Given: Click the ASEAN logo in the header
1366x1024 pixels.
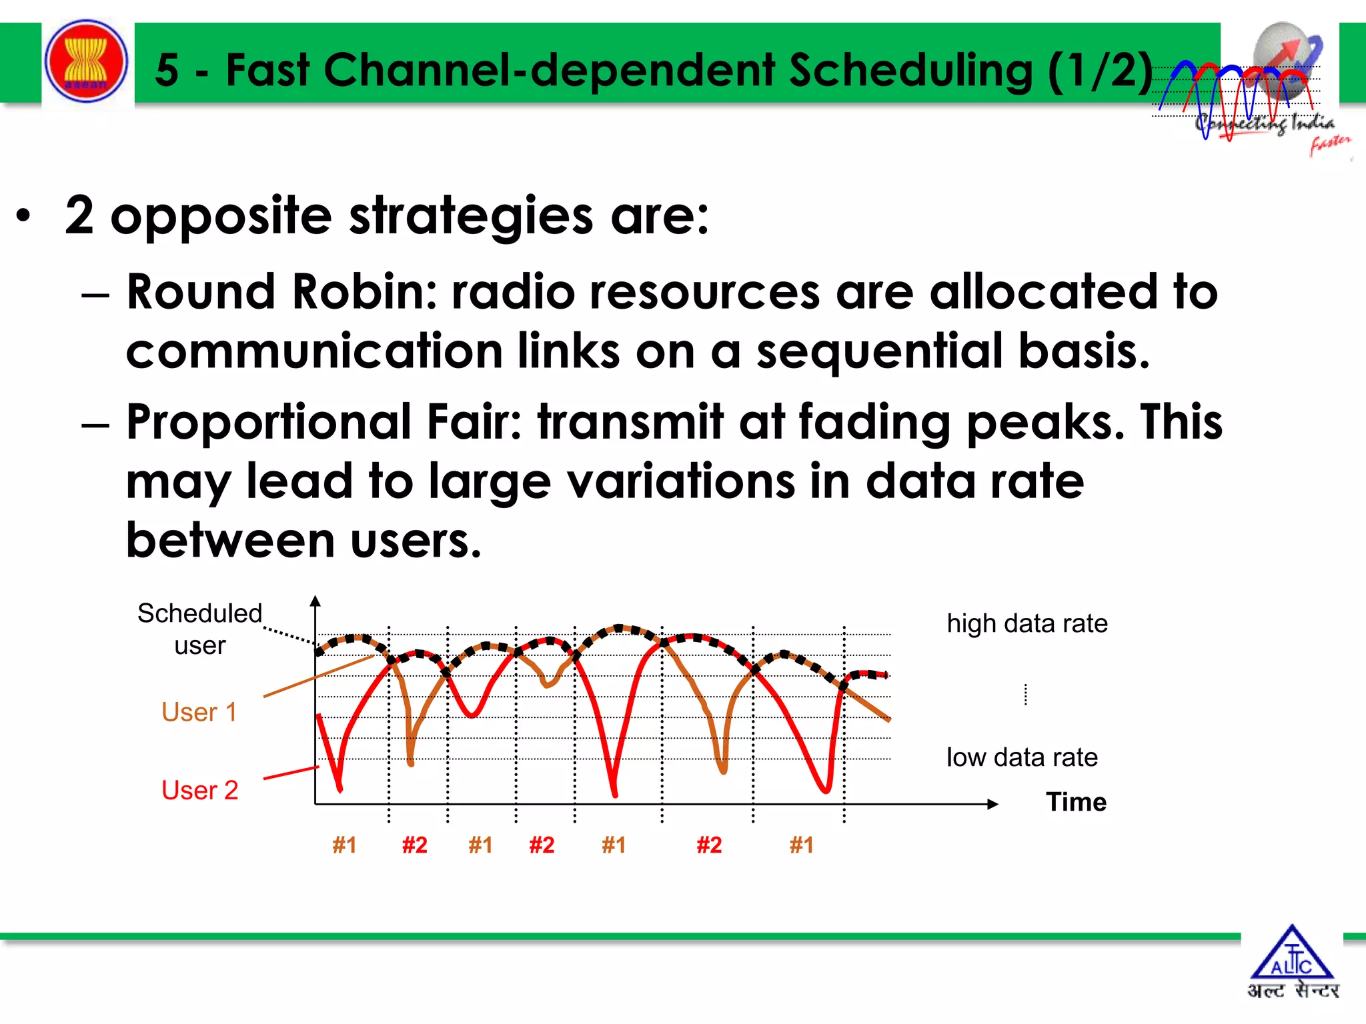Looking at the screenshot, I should (x=86, y=62).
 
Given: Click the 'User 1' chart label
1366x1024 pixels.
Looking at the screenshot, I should (x=199, y=712).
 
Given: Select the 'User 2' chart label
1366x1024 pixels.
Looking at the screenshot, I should (x=199, y=790).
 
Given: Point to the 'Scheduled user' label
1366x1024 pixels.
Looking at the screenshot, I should (x=199, y=629).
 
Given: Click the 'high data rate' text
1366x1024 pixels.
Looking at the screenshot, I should (x=1027, y=623).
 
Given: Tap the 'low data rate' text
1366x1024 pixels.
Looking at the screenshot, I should (x=1021, y=757).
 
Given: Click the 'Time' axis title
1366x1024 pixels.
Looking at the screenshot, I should (x=1075, y=801).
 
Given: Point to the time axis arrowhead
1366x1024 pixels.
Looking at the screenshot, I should (x=993, y=804).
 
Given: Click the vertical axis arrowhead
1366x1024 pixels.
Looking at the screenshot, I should (x=315, y=601).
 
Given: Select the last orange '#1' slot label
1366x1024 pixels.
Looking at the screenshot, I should (x=801, y=845).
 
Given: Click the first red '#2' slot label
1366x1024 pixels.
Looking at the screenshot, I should (x=414, y=845).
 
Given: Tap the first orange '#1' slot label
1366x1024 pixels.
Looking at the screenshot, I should (x=344, y=845).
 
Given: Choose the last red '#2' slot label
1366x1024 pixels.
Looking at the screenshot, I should (x=709, y=845).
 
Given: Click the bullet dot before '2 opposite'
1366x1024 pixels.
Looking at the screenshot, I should (x=24, y=216).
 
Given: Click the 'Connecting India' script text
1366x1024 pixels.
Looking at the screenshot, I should (x=1264, y=123).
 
